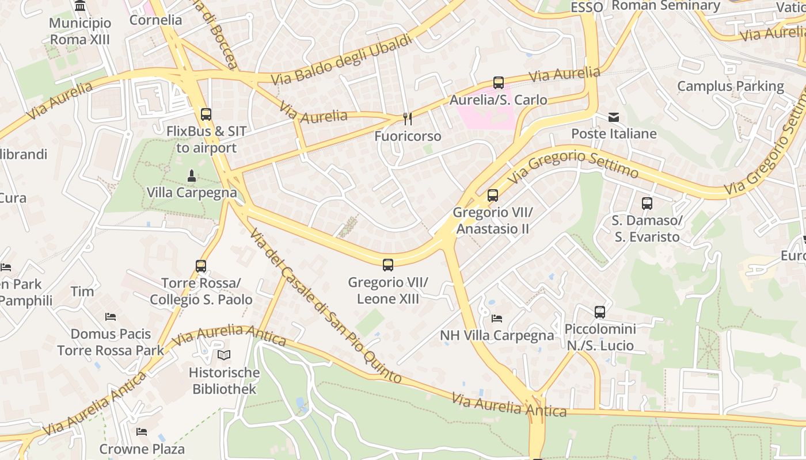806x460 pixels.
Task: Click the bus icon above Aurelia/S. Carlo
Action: pyautogui.click(x=499, y=83)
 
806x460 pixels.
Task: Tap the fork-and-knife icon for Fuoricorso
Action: pyautogui.click(x=408, y=119)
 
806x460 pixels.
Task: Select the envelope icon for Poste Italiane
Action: pyautogui.click(x=614, y=117)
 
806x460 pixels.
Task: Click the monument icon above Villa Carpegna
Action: pyautogui.click(x=192, y=175)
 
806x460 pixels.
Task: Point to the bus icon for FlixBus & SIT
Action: pyautogui.click(x=206, y=114)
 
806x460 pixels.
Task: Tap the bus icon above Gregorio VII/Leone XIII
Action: pyautogui.click(x=388, y=265)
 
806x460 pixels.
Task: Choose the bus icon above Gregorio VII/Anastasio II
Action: pyautogui.click(x=493, y=195)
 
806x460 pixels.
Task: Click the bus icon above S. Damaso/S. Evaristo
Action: pyautogui.click(x=647, y=204)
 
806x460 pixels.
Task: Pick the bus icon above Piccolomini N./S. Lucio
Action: pyautogui.click(x=600, y=312)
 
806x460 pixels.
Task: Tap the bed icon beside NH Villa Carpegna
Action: pyautogui.click(x=497, y=318)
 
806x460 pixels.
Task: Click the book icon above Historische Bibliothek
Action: pyautogui.click(x=224, y=355)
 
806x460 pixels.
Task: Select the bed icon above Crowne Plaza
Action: pyautogui.click(x=142, y=431)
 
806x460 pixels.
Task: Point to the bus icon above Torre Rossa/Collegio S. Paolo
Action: pyautogui.click(x=201, y=266)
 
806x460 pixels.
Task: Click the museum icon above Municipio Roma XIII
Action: pyautogui.click(x=81, y=6)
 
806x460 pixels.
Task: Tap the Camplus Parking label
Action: pyautogui.click(x=730, y=86)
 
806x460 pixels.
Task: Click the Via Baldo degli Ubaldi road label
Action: pyautogui.click(x=342, y=59)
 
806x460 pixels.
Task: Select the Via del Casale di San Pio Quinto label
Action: pyautogui.click(x=325, y=306)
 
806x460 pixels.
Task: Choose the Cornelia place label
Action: pyautogui.click(x=155, y=20)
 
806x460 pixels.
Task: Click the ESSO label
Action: pyautogui.click(x=587, y=7)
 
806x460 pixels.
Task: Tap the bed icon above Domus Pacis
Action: pyautogui.click(x=111, y=317)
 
